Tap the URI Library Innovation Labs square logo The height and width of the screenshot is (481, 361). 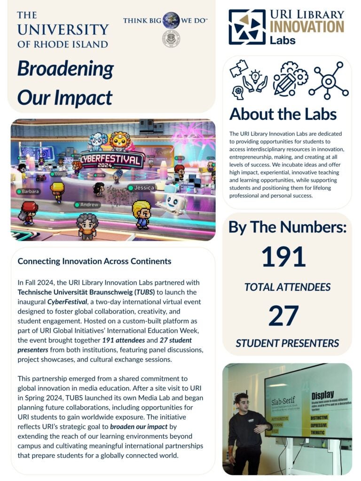pos(247,27)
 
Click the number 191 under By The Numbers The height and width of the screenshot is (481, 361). pos(283,257)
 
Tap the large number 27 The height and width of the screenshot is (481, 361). pos(284,315)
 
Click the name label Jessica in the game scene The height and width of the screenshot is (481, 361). pos(144,188)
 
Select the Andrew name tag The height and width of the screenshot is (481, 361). pos(89,205)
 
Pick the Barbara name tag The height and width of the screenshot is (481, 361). pos(30,192)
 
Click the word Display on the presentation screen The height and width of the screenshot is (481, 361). pos(322,395)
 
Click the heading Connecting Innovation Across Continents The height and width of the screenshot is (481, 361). pos(94,261)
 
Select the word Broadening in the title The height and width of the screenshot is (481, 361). pos(65,69)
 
